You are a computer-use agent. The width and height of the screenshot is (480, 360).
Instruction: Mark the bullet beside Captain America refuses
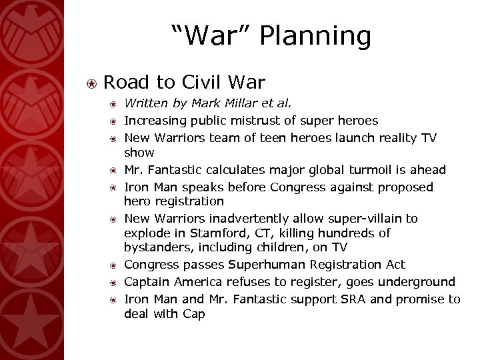click(x=115, y=283)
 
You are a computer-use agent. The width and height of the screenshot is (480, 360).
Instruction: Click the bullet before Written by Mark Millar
click(x=115, y=105)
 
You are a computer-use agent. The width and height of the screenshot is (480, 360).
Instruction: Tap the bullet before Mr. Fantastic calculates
click(x=115, y=170)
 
